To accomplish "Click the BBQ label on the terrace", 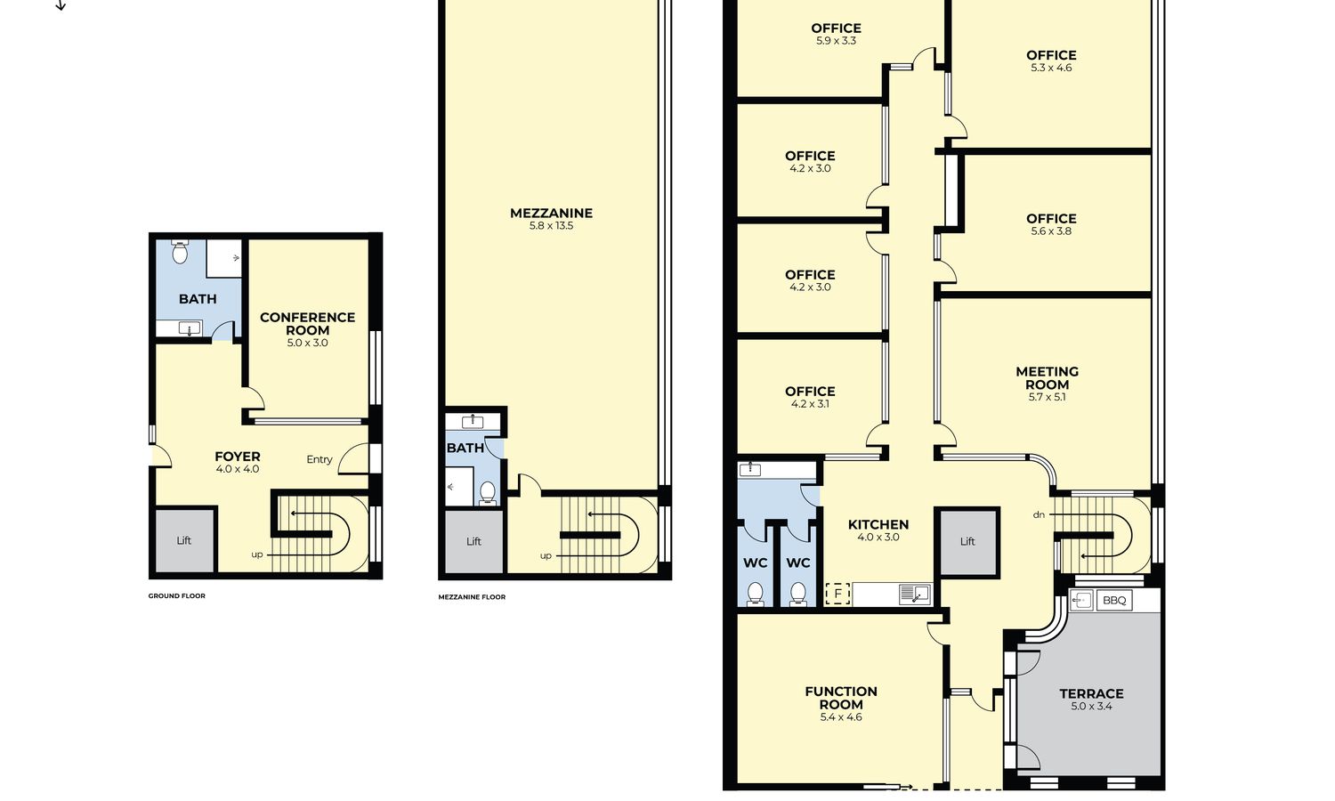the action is point(1114,600).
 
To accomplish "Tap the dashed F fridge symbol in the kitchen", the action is point(838,594).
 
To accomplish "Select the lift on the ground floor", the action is point(184,540).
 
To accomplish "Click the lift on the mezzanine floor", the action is point(473,541).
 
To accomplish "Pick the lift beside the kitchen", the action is point(967,541).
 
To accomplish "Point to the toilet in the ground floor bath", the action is point(180,252).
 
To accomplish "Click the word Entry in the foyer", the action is point(320,459).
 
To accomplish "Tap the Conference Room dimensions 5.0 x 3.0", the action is point(308,343).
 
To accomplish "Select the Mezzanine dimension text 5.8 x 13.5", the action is point(551,225).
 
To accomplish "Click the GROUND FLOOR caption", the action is point(177,596).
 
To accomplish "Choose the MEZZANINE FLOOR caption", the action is point(472,596).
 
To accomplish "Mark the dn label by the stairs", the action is point(1039,515).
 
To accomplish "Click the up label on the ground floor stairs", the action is point(257,554).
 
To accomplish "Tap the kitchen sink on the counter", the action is point(915,595).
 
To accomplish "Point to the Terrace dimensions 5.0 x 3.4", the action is point(1091,707).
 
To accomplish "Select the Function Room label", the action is point(841,698).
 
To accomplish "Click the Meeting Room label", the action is point(1048,378).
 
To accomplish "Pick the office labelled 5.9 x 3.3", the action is point(837,34).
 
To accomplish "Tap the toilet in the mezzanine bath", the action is point(488,493).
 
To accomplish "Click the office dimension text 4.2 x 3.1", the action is point(810,403).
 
